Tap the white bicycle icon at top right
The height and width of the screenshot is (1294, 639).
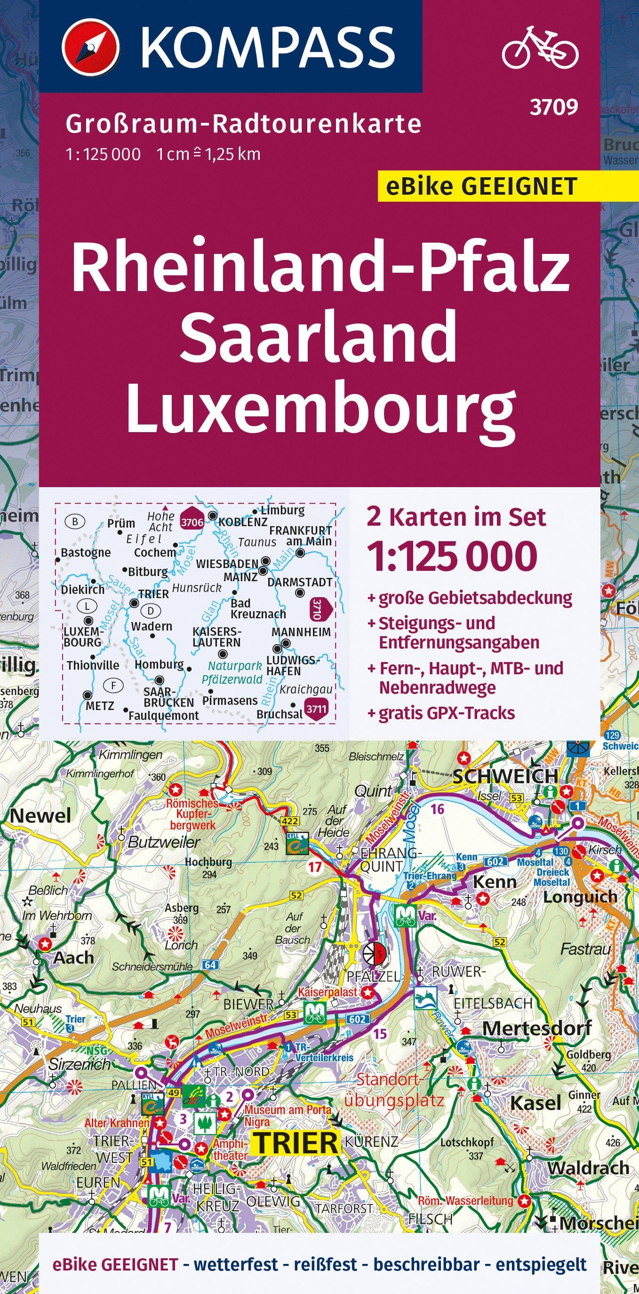[x=540, y=47]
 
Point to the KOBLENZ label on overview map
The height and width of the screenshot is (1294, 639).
[x=243, y=522]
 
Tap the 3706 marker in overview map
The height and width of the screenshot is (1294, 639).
[x=192, y=522]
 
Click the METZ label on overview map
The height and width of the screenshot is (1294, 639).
[x=100, y=705]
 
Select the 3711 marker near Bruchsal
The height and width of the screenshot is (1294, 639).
[x=316, y=709]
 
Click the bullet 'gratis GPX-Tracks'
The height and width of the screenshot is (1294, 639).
[x=447, y=713]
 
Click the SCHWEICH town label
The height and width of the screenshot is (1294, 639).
[x=505, y=776]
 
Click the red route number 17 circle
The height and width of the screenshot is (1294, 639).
[x=315, y=867]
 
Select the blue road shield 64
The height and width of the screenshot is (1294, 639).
[x=210, y=964]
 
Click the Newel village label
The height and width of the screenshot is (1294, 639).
[x=40, y=815]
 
